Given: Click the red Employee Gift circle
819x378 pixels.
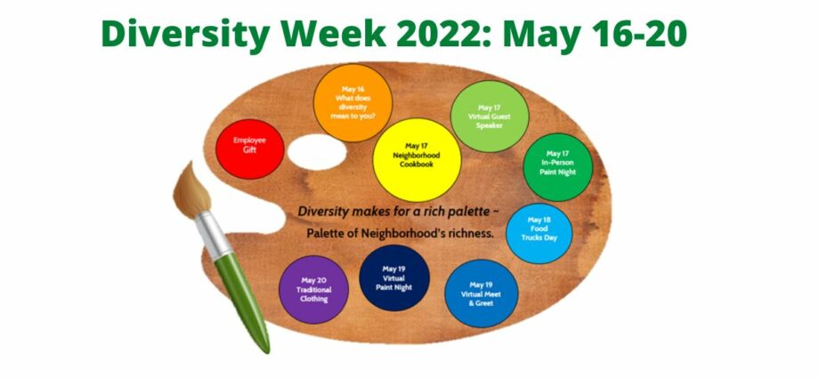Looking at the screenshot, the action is point(249,149).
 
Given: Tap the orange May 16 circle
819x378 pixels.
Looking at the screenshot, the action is point(353,103).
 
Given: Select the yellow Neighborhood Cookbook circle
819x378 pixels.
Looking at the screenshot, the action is point(417,160).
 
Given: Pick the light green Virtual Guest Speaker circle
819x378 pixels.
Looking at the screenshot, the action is point(490,117).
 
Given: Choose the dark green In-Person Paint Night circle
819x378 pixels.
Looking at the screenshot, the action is point(558,167).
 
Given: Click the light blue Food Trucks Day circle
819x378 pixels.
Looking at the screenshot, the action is point(539,233).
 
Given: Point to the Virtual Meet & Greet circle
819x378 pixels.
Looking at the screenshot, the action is point(481,294).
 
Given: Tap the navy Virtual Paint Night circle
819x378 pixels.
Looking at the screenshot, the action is point(394,277).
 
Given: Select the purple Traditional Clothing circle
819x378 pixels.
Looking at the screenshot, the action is point(313,289).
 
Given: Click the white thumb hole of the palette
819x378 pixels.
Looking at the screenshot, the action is point(317,152).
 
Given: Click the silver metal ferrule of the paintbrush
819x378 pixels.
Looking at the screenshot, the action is point(212,236).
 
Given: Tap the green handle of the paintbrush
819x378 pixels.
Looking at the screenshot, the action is point(242,301).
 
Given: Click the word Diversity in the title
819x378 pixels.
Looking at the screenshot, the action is point(185,35).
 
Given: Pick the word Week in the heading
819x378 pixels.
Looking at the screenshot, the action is point(333,34).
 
